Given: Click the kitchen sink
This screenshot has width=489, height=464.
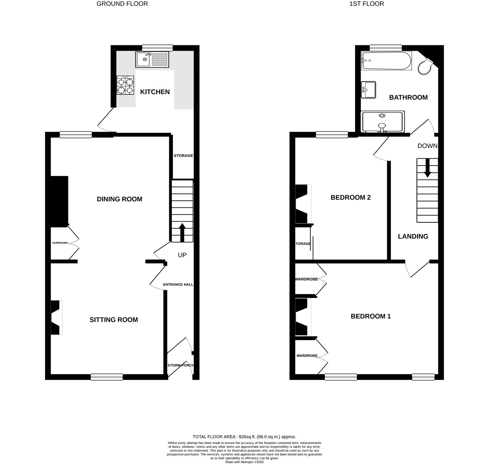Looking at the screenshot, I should pos(152,59).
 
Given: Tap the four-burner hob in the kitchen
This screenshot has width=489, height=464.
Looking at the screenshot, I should pos(125,85).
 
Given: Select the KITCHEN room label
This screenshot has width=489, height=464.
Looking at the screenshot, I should pos(155,92).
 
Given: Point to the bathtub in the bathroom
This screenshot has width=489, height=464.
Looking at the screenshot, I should pos(386,60).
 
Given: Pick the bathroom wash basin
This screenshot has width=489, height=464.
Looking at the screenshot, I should pos(368,89).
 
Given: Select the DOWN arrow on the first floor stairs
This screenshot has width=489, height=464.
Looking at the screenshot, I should pos(427,168).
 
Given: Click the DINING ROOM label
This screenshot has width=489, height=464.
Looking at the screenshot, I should pos(120,199).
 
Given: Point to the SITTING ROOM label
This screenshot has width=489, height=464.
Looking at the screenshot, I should pos(114,320).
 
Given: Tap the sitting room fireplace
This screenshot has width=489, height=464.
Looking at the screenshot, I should pos(56,318).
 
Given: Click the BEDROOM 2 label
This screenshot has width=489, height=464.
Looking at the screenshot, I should pos(351,197).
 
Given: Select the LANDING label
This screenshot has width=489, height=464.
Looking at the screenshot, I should pos(413,237).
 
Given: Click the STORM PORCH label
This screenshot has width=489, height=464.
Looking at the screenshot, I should pos(180,365).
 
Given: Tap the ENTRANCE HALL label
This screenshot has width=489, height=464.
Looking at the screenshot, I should pos(178,285).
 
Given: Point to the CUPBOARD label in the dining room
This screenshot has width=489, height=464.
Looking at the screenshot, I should pos(60,243).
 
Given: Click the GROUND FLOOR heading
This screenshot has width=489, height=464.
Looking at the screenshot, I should pos(122,4).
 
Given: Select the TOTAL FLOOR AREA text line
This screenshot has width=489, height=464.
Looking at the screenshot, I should pos(244,437).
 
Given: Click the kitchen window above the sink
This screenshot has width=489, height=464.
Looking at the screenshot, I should pos(157,48).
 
